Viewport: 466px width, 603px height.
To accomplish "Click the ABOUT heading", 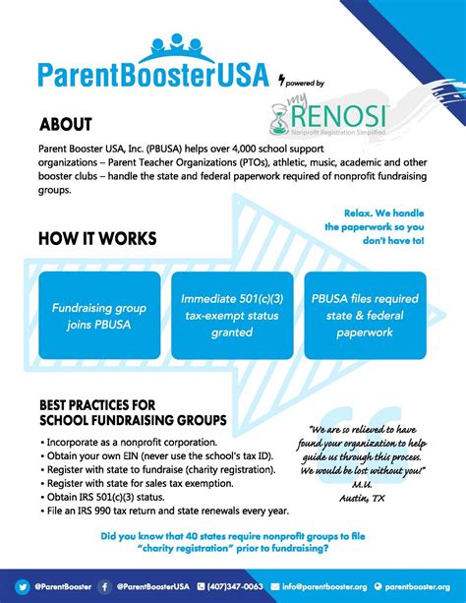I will (66, 125).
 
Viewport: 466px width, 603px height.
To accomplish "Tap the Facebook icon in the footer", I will (103, 585).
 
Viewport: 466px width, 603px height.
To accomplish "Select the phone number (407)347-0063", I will (234, 585).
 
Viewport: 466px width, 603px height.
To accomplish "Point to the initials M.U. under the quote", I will (363, 485).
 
